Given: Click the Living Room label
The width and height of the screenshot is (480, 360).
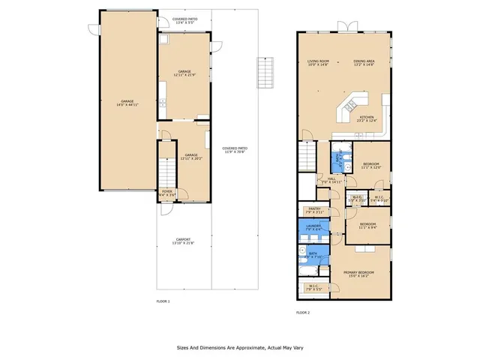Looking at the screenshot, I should coord(318,63).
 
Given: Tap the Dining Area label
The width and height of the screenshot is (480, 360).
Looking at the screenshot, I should coord(364,63).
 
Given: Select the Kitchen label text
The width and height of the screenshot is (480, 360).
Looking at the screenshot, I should coord(367,118).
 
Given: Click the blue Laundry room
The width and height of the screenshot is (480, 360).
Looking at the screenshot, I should coord(313,227).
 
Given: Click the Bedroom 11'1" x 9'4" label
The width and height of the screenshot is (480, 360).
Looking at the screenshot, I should coord(367,226).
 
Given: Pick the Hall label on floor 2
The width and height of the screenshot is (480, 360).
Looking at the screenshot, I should coord(331,180).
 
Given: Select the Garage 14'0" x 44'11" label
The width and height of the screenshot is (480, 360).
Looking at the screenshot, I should coord(127,103).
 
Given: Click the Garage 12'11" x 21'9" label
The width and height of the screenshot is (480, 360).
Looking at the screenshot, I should coord(184,73).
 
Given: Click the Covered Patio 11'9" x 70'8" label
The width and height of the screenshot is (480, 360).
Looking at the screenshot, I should coord(235,150).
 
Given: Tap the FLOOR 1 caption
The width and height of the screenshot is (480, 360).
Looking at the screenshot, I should coord(163,301).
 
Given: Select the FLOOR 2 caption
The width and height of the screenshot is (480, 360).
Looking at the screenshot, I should coord(303,312).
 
